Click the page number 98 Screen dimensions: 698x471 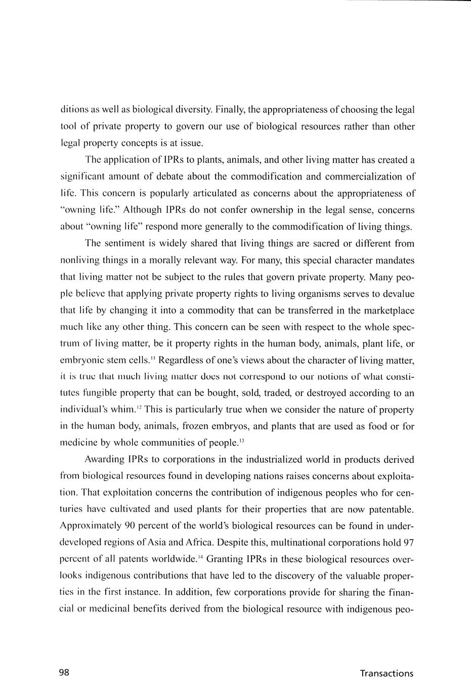pyautogui.click(x=64, y=672)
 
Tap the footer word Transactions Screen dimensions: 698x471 pyautogui.click(x=387, y=673)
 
